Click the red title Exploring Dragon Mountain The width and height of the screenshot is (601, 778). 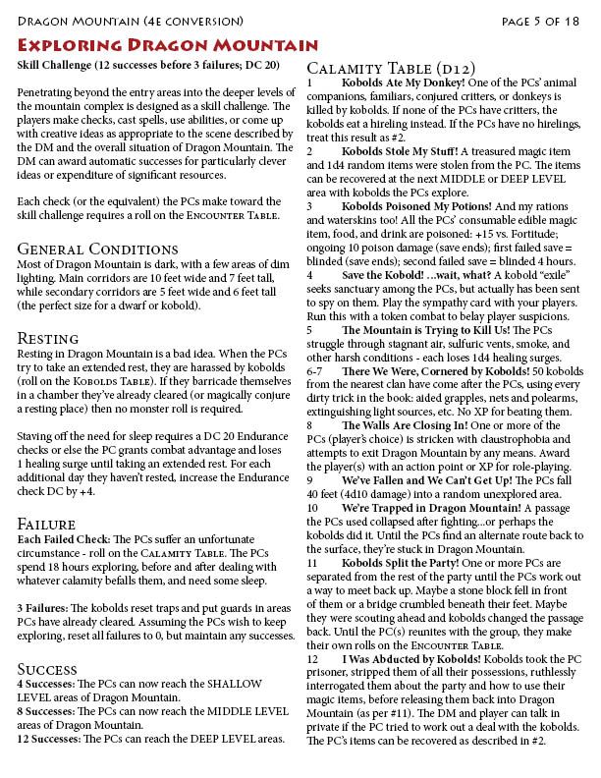167,45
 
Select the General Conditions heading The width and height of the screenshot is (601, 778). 96,249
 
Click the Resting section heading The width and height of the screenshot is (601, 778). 50,338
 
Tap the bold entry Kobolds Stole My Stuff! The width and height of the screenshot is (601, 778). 403,151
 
